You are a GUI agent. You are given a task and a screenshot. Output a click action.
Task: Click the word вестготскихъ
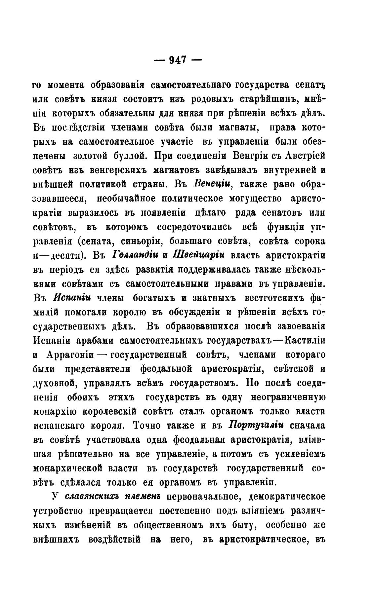coord(272,298)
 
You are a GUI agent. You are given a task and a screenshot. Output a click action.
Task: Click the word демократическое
coord(286,497)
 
